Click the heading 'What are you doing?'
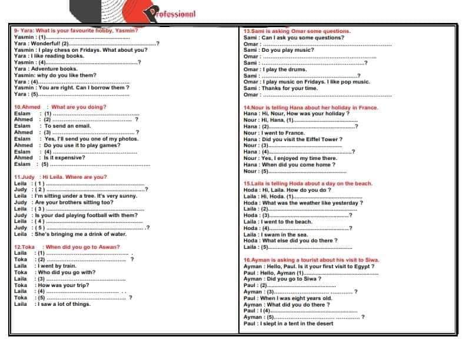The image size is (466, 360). (79, 107)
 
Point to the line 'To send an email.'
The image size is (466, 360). (68, 126)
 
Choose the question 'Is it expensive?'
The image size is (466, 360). (65, 158)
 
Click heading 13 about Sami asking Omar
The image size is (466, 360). (297, 31)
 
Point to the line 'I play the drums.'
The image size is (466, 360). (284, 69)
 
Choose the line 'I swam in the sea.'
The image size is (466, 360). (285, 235)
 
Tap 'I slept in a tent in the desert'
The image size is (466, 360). (297, 324)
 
